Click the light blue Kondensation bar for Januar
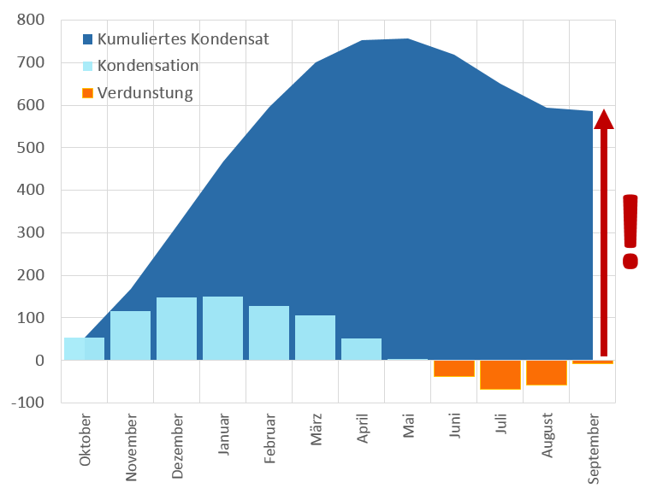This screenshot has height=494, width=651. pos(222,328)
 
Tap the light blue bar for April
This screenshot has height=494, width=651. pos(361,349)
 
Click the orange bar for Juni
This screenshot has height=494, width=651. pos(453,368)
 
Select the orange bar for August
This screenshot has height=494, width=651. pos(546,373)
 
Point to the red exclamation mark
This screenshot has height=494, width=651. pos(630,232)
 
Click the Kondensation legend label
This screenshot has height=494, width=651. pos(148,66)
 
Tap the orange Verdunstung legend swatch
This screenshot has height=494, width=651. pos(87,93)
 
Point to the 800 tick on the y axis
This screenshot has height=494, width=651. pos(32,21)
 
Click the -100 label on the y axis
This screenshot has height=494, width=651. pos(28,403)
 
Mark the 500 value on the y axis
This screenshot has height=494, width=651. pos(32,148)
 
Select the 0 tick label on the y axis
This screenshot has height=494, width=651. pos(39,361)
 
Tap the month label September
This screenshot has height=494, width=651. pos(595,449)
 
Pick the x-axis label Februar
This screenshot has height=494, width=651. pos(269,438)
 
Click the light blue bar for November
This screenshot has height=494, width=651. pos(130,335)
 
